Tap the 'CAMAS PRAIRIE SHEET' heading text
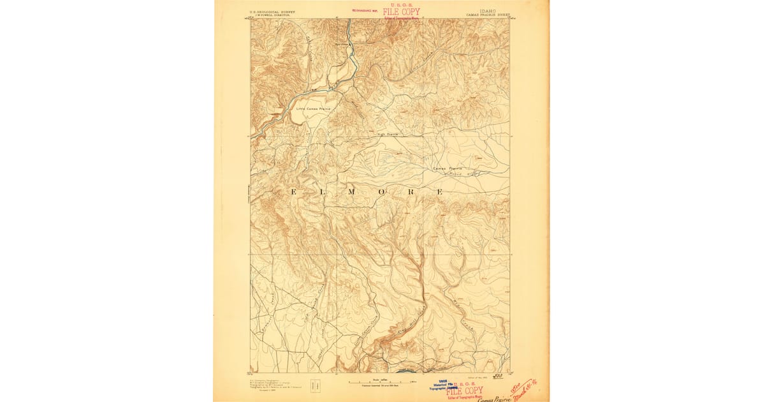click(x=488, y=15)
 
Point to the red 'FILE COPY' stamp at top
click(x=402, y=12)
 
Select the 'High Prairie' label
click(x=388, y=135)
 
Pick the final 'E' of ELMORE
click(x=439, y=191)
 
